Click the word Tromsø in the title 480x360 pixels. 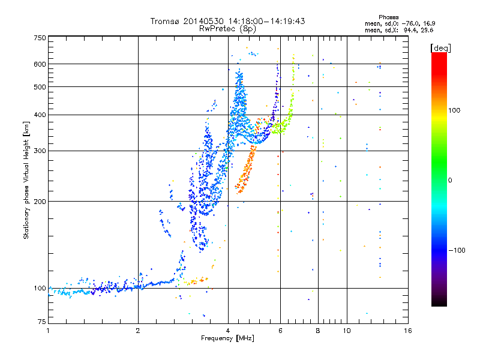(x=166, y=21)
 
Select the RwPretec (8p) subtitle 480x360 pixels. (x=227, y=28)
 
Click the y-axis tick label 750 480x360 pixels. (x=40, y=38)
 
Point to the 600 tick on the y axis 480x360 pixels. (x=40, y=64)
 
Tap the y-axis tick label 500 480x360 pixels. (x=40, y=86)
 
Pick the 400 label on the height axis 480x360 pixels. (x=40, y=115)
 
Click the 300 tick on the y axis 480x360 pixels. (x=40, y=151)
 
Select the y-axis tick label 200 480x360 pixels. (x=40, y=201)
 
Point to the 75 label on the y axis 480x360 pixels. (x=42, y=322)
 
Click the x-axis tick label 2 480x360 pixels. (x=138, y=331)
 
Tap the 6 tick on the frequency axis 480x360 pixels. (x=280, y=331)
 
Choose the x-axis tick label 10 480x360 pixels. (x=347, y=331)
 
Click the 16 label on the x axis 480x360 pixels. (x=408, y=331)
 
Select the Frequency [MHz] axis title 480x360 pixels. (x=227, y=338)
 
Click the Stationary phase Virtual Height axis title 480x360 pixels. (x=26, y=181)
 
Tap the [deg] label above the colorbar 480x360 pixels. (x=440, y=48)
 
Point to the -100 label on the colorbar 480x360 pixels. (x=457, y=250)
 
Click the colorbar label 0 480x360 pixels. (x=450, y=181)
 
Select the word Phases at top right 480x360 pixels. (x=388, y=17)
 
